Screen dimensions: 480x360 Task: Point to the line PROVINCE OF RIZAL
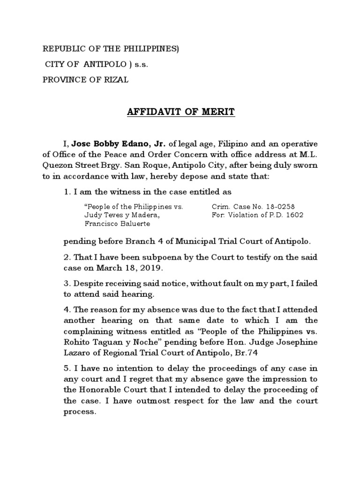85,80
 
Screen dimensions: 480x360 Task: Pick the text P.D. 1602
286,215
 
